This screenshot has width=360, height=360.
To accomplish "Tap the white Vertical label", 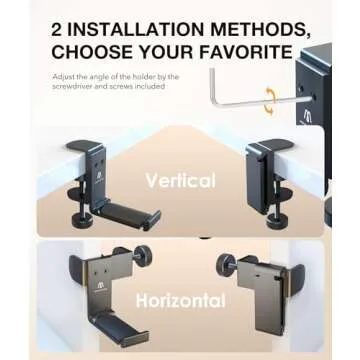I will coord(180,182).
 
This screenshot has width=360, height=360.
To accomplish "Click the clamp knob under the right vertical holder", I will coord(275,215).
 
